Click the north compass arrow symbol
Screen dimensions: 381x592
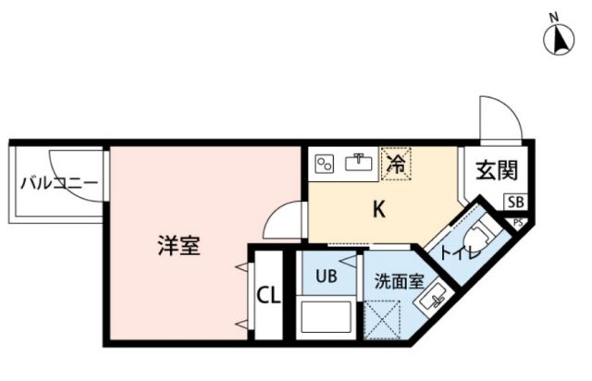558,40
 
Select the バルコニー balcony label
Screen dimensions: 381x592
58,182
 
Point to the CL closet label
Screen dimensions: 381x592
267,296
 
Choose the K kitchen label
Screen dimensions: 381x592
378,210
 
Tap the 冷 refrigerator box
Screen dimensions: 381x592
395,165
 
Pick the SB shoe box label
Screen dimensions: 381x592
514,201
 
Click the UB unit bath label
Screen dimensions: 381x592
326,275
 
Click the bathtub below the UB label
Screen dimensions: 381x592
326,318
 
